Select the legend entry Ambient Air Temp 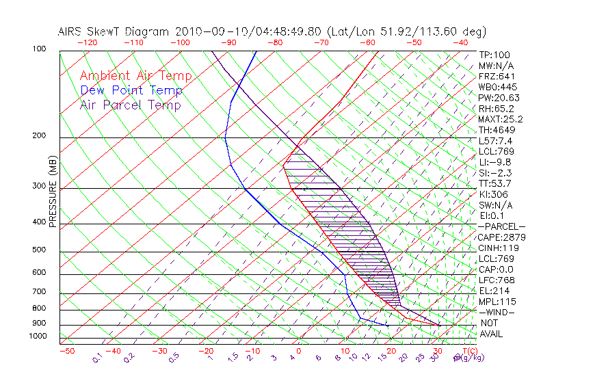click(x=135, y=76)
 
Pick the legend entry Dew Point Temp click(x=131, y=90)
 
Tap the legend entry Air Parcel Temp click(x=130, y=105)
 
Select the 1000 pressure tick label click(x=38, y=336)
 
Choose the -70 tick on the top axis click(x=320, y=42)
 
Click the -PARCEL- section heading click(x=501, y=226)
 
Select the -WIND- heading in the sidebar click(x=497, y=313)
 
